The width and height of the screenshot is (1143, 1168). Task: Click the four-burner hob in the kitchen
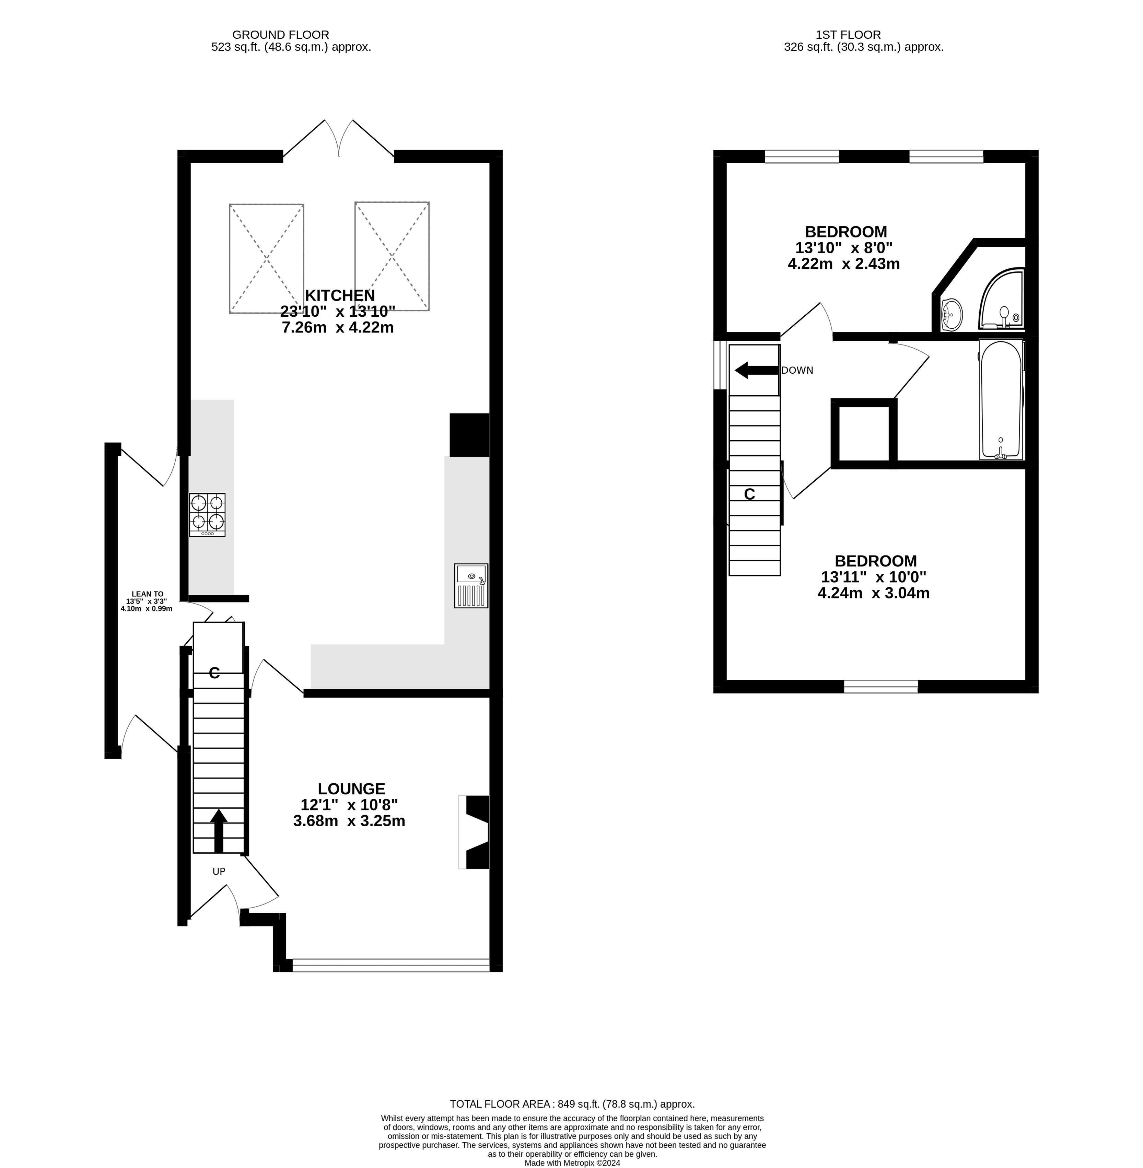coord(207,514)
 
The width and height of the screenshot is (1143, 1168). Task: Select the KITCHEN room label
coord(340,295)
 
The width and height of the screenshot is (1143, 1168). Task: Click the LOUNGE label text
coord(351,789)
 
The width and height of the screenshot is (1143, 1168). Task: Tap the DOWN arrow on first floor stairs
coord(756,370)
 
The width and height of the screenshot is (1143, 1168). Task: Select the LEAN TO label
coord(147,594)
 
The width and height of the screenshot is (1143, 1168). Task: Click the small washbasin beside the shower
coord(952,314)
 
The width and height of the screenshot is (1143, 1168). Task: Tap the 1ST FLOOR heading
coord(848,35)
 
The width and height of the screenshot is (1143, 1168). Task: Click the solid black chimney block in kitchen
coord(469,434)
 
